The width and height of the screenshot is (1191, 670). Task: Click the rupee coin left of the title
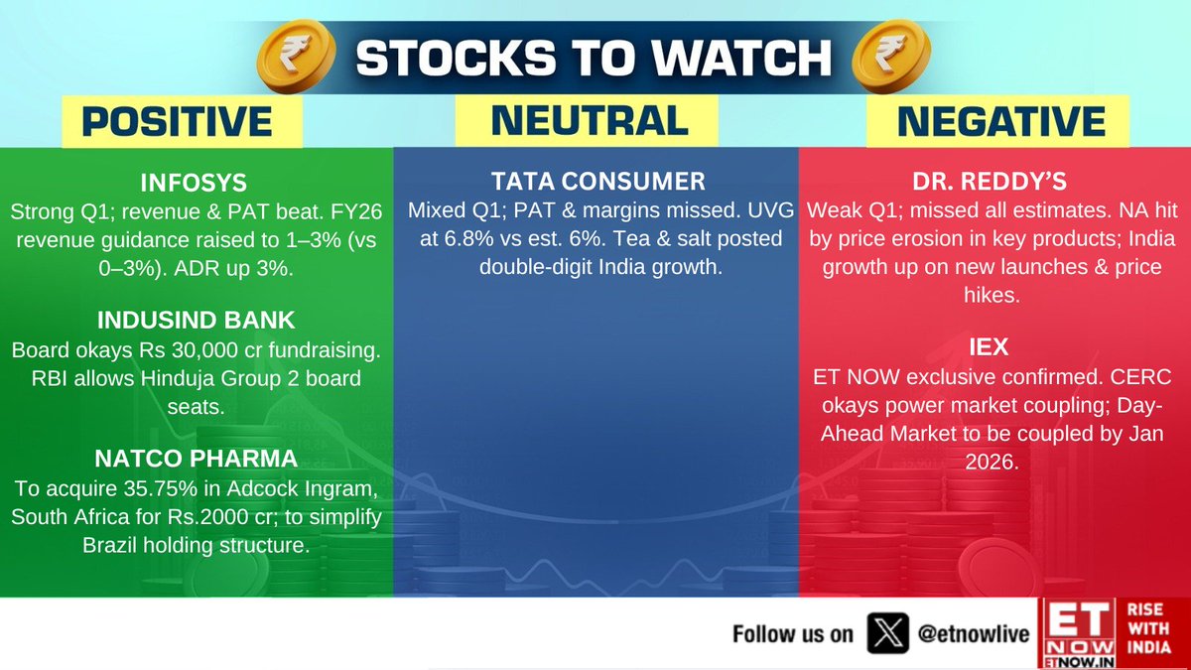pyautogui.click(x=296, y=57)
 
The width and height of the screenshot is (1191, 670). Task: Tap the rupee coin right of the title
pyautogui.click(x=891, y=57)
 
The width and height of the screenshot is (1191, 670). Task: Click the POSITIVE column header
pyautogui.click(x=177, y=121)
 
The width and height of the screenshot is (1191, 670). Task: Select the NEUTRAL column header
pyautogui.click(x=591, y=120)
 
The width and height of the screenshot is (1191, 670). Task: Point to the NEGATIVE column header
pyautogui.click(x=1001, y=121)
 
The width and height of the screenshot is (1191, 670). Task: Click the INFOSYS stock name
pyautogui.click(x=194, y=183)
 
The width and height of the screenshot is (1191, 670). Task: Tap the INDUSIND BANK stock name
pyautogui.click(x=196, y=320)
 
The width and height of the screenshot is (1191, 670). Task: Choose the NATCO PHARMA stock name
pyautogui.click(x=196, y=459)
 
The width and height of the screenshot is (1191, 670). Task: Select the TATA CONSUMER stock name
pyautogui.click(x=598, y=182)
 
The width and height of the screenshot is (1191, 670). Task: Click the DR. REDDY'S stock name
pyautogui.click(x=990, y=182)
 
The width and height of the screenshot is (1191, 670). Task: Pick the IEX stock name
pyautogui.click(x=989, y=347)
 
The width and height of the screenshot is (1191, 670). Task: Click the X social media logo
pyautogui.click(x=888, y=633)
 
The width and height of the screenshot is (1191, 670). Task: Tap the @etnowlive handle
pyautogui.click(x=974, y=634)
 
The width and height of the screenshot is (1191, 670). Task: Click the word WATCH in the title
pyautogui.click(x=741, y=58)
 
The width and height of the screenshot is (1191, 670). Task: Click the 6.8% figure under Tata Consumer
pyautogui.click(x=469, y=239)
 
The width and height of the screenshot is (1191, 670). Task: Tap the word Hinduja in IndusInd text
pyautogui.click(x=178, y=378)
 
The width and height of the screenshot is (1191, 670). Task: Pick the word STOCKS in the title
pyautogui.click(x=457, y=58)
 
